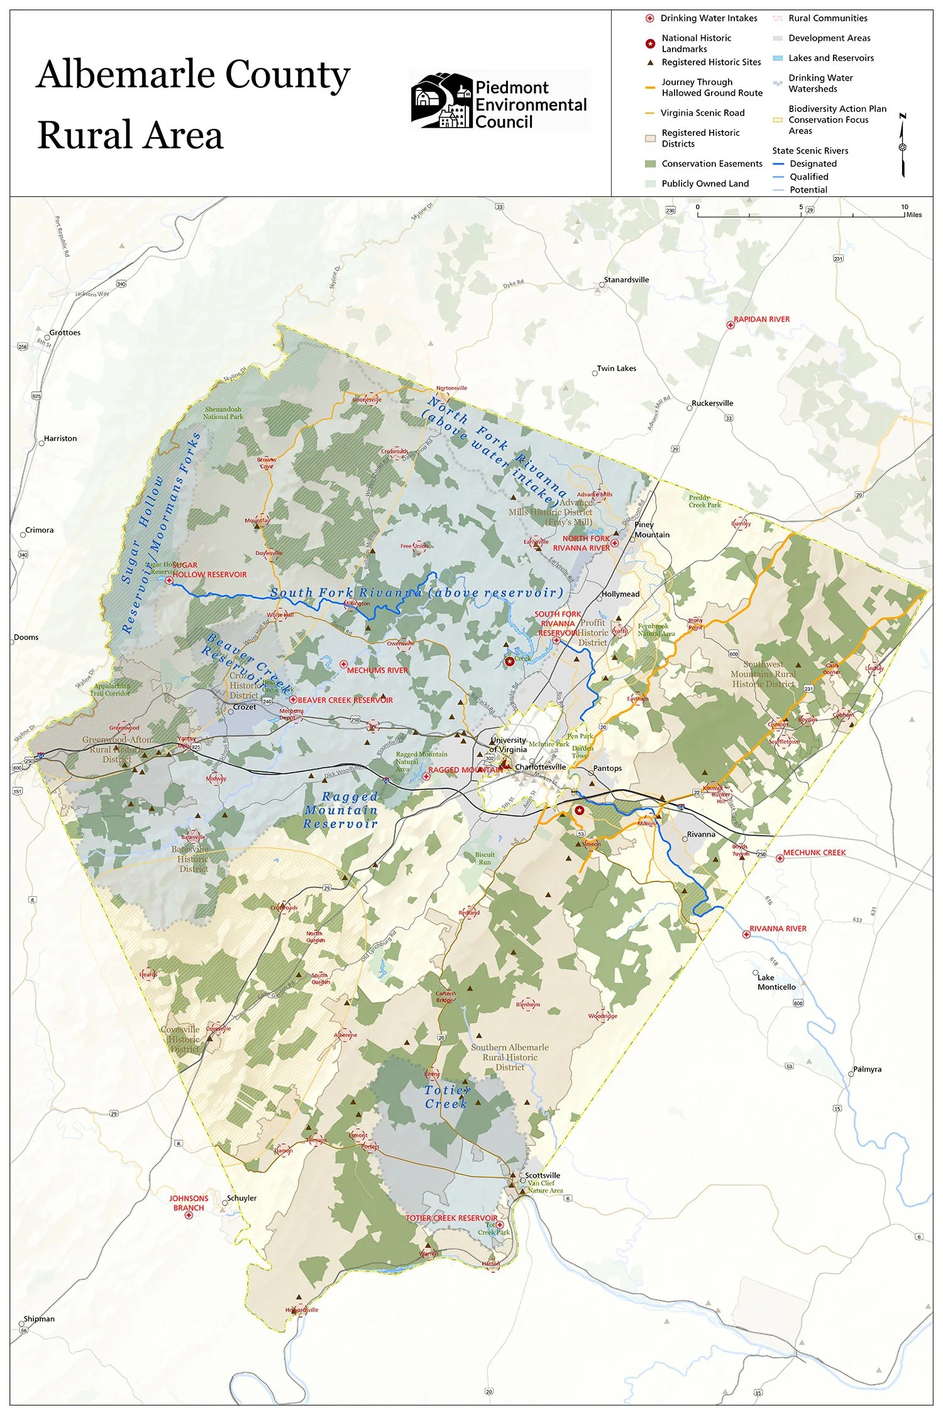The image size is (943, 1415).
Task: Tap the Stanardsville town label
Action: pyautogui.click(x=626, y=280)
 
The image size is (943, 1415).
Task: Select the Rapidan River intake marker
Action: pyautogui.click(x=730, y=325)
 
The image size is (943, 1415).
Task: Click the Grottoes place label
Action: pyautogui.click(x=65, y=333)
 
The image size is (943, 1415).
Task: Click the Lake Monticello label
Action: pyautogui.click(x=776, y=982)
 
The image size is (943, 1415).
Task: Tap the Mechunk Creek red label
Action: pyautogui.click(x=814, y=853)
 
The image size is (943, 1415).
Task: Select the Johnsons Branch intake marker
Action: pyautogui.click(x=189, y=1215)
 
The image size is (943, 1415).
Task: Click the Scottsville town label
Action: pyautogui.click(x=543, y=1175)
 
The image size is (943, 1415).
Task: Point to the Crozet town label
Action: pyautogui.click(x=245, y=707)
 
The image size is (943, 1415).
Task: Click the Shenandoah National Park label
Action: pyautogui.click(x=223, y=413)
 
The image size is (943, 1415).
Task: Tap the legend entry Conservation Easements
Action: pyautogui.click(x=712, y=164)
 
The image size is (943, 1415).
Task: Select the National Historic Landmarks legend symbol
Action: pyautogui.click(x=651, y=44)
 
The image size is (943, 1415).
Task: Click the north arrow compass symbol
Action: pyautogui.click(x=903, y=146)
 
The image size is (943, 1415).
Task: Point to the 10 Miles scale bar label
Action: pyautogui.click(x=909, y=211)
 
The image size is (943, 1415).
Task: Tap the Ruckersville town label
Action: pyautogui.click(x=712, y=403)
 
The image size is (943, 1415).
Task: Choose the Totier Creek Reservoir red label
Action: pyautogui.click(x=451, y=1218)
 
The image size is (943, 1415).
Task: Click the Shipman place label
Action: pyautogui.click(x=39, y=1319)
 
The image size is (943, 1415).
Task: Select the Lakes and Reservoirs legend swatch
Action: pyautogui.click(x=778, y=58)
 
